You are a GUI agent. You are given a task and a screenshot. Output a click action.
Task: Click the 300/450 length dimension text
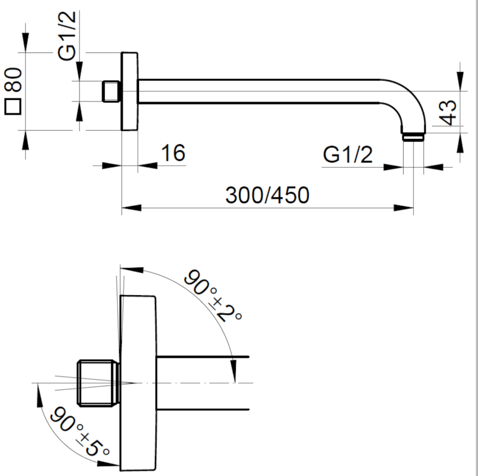pyautogui.click(x=267, y=195)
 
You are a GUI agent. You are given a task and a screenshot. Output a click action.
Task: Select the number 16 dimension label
pyautogui.click(x=173, y=153)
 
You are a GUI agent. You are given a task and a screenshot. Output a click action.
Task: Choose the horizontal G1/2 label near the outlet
pyautogui.click(x=348, y=155)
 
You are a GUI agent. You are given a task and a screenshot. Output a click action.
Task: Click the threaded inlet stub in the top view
pyautogui.click(x=111, y=91)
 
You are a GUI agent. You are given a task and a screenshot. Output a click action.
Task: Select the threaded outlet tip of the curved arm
pyautogui.click(x=412, y=137)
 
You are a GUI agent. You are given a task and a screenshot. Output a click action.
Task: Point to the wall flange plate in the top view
pyautogui.click(x=130, y=91)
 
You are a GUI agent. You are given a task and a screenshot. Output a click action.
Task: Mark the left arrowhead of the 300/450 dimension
pyautogui.click(x=131, y=208)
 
